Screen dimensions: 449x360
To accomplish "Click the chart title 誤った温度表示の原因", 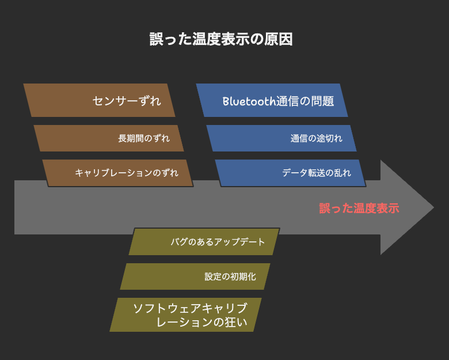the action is pyautogui.click(x=221, y=39).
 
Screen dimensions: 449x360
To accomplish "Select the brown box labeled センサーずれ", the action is pyautogui.click(x=99, y=100).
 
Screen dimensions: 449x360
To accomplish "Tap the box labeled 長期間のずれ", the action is pyautogui.click(x=109, y=138).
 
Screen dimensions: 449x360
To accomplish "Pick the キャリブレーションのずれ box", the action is pyautogui.click(x=117, y=173).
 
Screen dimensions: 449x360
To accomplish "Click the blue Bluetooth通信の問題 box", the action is pyautogui.click(x=272, y=100).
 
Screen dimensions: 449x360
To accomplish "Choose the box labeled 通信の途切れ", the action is pyautogui.click(x=281, y=138).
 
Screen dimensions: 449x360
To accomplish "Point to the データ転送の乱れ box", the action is pyautogui.click(x=290, y=173).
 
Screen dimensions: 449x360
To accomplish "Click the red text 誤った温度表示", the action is pyautogui.click(x=359, y=209).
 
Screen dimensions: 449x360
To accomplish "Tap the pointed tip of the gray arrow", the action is pyautogui.click(x=433, y=207).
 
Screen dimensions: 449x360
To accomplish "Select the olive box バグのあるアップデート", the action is pyautogui.click(x=204, y=241).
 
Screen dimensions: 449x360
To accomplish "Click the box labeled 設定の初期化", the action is pyautogui.click(x=195, y=276).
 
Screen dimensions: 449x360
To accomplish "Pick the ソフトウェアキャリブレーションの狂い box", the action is pyautogui.click(x=185, y=314).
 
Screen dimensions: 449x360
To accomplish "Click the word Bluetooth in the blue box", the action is pyautogui.click(x=249, y=101).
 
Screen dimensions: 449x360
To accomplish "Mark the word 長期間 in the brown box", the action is pyautogui.click(x=131, y=138).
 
